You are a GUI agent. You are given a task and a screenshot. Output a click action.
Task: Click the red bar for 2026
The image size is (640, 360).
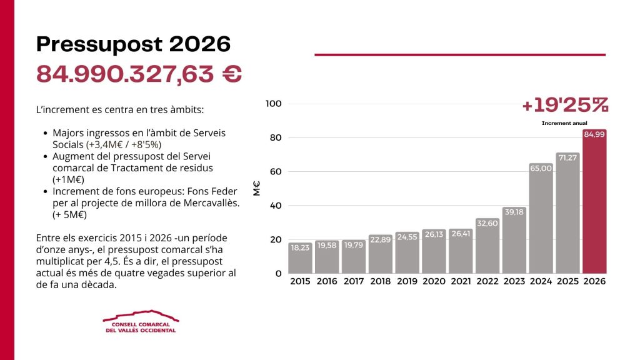(x=594, y=206)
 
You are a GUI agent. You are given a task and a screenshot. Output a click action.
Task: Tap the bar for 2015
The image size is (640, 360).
(x=301, y=259)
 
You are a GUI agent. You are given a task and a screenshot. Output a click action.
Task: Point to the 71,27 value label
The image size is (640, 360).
(x=567, y=157)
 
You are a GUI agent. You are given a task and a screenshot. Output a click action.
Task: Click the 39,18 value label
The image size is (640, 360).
(x=514, y=212)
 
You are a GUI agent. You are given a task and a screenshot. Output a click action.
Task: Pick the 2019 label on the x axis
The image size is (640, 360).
(x=407, y=282)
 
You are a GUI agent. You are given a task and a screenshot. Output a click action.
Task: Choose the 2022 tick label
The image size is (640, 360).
(x=487, y=282)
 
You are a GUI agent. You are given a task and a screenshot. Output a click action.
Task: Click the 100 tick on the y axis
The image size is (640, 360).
(x=274, y=103)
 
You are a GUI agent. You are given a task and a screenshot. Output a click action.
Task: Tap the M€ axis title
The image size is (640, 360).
(x=257, y=188)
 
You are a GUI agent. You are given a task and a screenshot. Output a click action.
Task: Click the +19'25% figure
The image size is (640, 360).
(x=565, y=105)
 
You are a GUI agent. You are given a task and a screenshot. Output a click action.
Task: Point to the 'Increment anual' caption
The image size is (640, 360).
(x=565, y=123)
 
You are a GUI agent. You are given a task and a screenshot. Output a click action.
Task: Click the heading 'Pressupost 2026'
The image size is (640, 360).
(x=133, y=44)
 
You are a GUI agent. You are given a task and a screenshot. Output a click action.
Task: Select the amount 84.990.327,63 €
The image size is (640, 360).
(x=139, y=74)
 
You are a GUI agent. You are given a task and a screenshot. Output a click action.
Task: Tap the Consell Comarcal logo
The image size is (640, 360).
(x=140, y=321)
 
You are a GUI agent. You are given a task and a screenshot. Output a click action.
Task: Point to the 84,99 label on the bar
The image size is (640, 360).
(x=594, y=135)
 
